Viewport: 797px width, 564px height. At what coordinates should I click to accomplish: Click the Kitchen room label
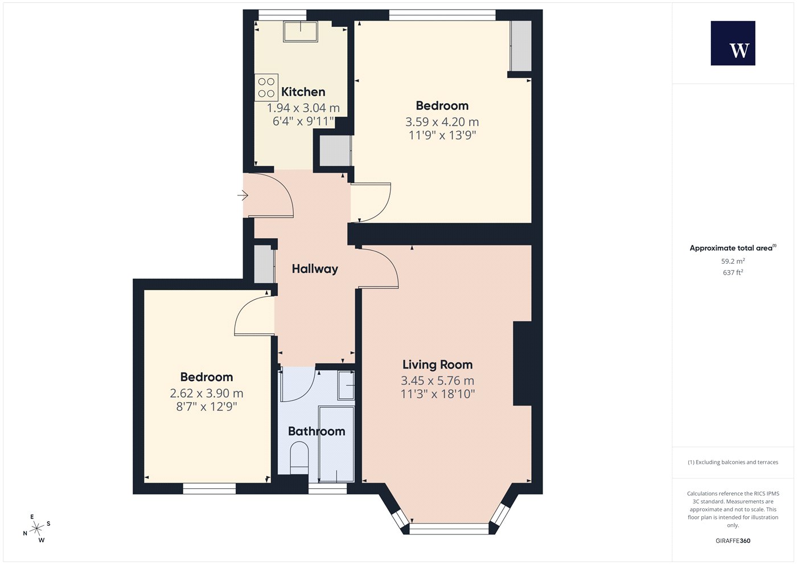coord(303,92)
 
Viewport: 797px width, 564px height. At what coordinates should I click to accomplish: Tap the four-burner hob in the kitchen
coord(266,88)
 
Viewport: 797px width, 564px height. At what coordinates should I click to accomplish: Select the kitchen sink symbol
coord(301,32)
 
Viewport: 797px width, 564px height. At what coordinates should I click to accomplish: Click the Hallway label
coord(315,269)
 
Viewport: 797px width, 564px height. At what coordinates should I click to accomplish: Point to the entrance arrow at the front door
coord(243,195)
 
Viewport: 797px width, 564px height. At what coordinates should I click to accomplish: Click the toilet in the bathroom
coord(299,458)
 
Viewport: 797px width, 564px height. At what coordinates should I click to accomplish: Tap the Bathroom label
coord(317,431)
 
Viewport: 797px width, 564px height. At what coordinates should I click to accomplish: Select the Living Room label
coord(437,365)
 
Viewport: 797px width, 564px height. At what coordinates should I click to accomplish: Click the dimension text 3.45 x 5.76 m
coord(437,381)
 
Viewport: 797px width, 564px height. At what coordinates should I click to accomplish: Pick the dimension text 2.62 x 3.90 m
coord(206,393)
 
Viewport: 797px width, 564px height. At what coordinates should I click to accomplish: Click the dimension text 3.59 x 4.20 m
coord(442,122)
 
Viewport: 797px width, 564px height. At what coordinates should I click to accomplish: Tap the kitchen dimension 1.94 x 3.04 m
coord(303,108)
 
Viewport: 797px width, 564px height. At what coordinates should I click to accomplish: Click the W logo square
coord(733,43)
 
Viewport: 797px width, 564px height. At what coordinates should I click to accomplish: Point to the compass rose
coord(36,529)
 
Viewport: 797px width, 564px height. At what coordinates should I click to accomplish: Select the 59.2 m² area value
coord(733,261)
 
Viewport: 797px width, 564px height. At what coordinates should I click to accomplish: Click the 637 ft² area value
coord(733,272)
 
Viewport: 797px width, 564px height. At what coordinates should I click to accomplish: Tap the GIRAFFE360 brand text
coord(733,541)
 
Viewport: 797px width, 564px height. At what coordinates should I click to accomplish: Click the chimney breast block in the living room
coord(523,363)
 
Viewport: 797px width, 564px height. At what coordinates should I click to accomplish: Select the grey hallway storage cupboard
coord(264,264)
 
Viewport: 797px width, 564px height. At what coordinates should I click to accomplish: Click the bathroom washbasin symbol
coord(346,385)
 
